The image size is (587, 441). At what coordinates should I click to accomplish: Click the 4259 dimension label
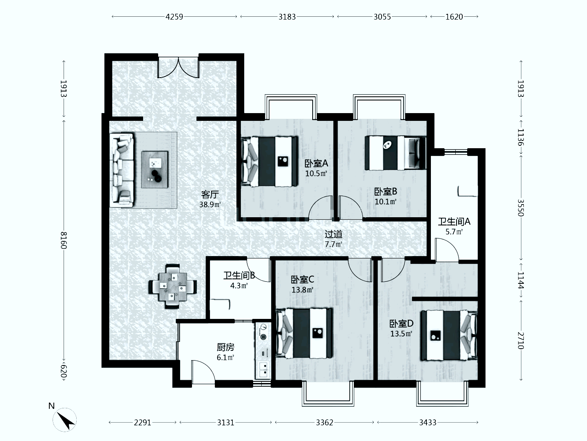174,17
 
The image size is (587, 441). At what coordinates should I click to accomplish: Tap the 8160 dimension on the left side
63,240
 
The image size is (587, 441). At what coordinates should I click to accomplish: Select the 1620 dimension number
454,17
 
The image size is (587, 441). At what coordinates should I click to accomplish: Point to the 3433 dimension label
428,423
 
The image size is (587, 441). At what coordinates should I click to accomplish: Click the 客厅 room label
210,194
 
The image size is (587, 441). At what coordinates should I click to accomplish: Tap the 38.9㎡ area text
210,205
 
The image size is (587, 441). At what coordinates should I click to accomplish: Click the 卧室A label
316,163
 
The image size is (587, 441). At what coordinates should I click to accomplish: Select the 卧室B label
385,192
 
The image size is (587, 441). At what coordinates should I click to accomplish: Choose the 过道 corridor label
333,234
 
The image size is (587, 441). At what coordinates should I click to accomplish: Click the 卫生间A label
454,221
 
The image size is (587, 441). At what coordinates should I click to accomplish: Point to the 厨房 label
225,347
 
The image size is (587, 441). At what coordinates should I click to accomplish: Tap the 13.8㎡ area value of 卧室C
302,290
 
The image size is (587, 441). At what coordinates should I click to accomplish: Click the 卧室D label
401,324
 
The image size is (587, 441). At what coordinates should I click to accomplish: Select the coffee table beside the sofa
155,169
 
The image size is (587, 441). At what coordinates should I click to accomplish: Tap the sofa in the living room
121,170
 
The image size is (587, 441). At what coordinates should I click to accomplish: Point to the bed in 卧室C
305,333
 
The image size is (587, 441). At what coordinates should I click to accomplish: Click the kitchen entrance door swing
203,372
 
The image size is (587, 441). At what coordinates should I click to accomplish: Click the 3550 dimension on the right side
521,207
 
